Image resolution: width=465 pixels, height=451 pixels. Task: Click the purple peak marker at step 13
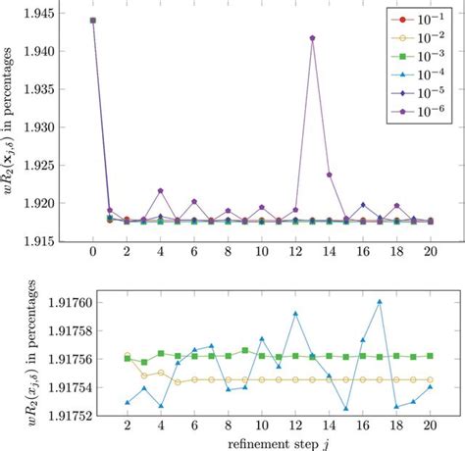coord(312,38)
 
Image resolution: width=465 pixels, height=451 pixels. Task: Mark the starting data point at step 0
coord(92,20)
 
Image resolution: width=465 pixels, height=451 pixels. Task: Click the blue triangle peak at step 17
coord(380,302)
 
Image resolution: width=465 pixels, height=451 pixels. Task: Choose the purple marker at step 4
coord(160,190)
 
